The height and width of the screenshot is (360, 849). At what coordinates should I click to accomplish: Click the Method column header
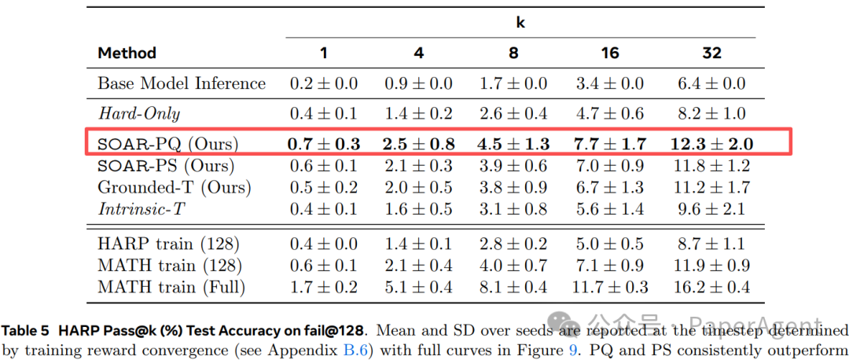[x=127, y=53]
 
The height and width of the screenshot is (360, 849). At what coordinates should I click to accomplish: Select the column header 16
[x=610, y=53]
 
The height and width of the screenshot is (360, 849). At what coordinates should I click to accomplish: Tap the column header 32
[x=711, y=53]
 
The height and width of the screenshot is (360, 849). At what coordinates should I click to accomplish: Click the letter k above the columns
[x=520, y=23]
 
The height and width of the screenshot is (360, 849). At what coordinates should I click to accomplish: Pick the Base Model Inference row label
[x=182, y=83]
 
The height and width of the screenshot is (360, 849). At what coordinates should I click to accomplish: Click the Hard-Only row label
[x=138, y=113]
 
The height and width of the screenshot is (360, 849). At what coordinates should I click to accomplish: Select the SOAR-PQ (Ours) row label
[x=167, y=145]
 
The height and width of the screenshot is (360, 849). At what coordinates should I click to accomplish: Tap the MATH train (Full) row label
[x=171, y=288]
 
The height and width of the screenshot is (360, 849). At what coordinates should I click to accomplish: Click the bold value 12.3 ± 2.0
[x=711, y=145]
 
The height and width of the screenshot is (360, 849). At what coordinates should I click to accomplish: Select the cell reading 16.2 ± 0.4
[x=711, y=288]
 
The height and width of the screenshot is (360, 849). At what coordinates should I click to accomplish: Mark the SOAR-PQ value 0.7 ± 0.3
[x=324, y=145]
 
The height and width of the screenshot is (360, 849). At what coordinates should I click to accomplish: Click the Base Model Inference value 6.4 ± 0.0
[x=711, y=83]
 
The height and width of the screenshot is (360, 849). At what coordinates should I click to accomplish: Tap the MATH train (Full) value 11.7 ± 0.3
[x=610, y=288]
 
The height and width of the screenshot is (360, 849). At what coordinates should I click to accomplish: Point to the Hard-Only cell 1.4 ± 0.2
[x=420, y=113]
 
